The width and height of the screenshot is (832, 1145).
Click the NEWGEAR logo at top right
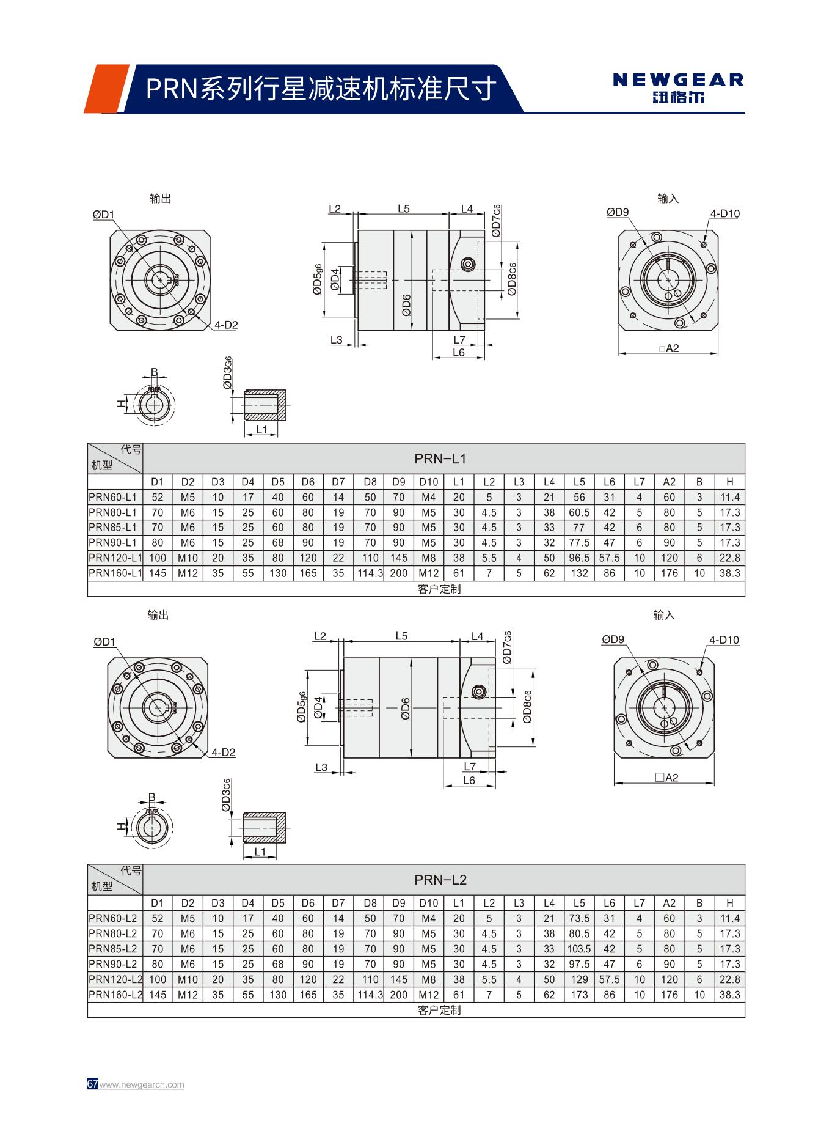[678, 87]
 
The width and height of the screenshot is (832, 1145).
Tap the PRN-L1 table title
[440, 458]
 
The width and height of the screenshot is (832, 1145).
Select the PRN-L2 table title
[440, 880]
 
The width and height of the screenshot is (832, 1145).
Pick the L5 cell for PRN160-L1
[578, 573]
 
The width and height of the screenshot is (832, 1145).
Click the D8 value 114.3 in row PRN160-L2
[370, 995]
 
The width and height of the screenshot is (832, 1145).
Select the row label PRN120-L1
[115, 558]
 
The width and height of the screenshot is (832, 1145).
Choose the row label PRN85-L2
[113, 949]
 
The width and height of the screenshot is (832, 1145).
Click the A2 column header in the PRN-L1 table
[669, 482]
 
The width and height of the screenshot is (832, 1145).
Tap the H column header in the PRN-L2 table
[729, 903]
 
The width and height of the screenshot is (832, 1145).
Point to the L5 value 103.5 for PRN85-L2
[578, 949]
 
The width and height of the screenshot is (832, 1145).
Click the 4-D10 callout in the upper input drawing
[724, 214]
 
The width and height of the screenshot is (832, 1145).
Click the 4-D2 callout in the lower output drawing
[224, 753]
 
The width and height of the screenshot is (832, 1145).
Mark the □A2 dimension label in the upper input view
[669, 348]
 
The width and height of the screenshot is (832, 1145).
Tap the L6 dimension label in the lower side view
[469, 781]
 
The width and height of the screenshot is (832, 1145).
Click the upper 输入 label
[668, 199]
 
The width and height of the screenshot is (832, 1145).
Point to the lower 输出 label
[158, 615]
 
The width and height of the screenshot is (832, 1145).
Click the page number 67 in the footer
[92, 1084]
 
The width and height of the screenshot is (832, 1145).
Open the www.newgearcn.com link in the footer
[142, 1084]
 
